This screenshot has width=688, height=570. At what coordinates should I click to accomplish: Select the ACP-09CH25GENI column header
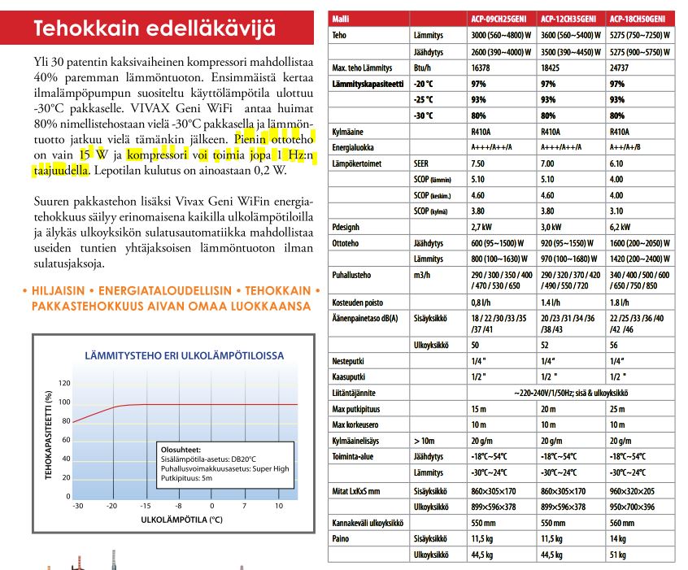[503, 17]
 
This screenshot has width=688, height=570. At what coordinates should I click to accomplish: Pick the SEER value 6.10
[616, 163]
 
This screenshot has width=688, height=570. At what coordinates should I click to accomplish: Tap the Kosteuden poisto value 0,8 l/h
[481, 302]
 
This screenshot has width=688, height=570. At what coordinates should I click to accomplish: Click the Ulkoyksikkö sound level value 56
[614, 346]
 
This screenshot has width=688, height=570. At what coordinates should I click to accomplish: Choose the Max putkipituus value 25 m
[618, 409]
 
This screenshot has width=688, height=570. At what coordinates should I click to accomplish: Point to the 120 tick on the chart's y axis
[65, 383]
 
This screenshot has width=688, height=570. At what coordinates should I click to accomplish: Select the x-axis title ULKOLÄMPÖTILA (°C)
[181, 518]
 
